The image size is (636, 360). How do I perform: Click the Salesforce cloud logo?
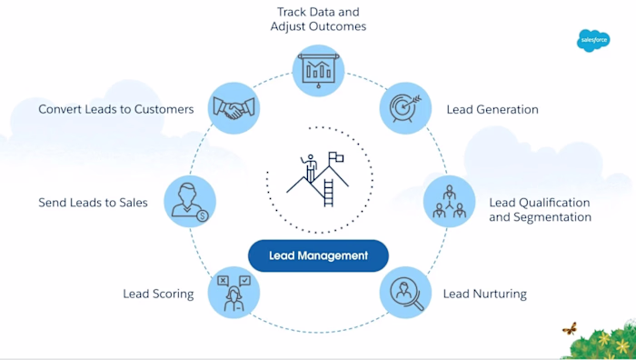pos(593,40)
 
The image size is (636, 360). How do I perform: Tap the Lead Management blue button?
pos(318,255)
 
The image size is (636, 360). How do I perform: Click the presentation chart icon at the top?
pos(318,69)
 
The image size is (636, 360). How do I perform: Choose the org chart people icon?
pos(449,202)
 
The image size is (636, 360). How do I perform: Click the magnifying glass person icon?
pos(404,293)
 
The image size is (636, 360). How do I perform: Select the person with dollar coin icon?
pos(190,202)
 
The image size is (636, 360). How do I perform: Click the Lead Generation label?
pos(492,110)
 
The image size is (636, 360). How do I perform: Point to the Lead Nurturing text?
pos(484,295)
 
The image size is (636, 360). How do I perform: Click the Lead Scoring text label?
pos(158,294)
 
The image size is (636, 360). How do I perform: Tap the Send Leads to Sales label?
pos(94,202)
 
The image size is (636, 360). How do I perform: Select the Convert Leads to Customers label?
pos(116,109)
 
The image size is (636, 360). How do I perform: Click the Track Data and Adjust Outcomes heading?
pos(318,19)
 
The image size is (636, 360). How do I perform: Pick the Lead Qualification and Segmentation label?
pos(540,210)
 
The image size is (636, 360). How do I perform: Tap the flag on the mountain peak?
pos(334,158)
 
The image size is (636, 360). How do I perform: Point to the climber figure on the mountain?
pos(311,167)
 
